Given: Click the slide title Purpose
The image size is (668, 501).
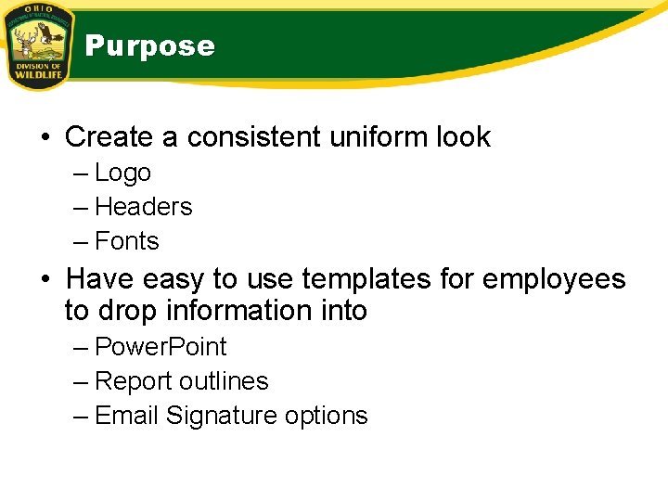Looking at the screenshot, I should [149, 46].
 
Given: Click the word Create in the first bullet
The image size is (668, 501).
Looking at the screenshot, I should [109, 137].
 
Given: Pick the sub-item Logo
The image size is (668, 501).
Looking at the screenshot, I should [122, 173].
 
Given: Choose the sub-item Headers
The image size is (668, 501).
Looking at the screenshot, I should [143, 207].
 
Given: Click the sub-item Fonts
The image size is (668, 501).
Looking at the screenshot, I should [127, 241].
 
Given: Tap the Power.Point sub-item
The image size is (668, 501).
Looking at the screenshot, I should [161, 347].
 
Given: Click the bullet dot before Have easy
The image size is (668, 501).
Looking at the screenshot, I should [44, 279].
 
